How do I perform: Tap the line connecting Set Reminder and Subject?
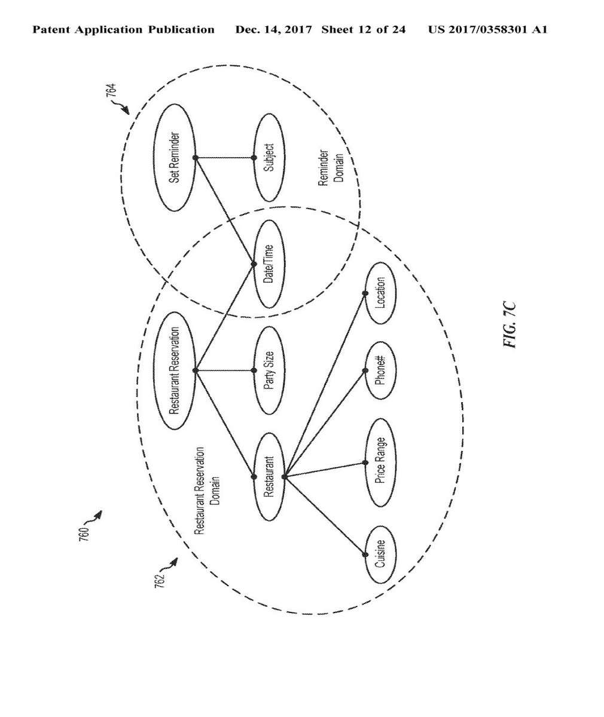tap(224, 158)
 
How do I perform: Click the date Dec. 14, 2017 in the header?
tap(274, 29)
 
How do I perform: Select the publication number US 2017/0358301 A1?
tap(487, 29)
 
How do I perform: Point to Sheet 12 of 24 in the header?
tap(363, 29)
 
